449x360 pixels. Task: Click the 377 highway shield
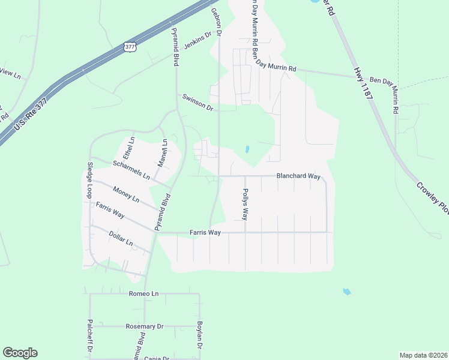(x=130, y=46)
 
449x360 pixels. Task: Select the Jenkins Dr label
(x=198, y=41)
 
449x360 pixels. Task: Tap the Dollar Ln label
(x=121, y=238)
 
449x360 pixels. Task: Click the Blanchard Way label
(x=298, y=176)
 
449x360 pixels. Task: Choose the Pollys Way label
(x=245, y=203)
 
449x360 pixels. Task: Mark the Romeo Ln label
(x=143, y=294)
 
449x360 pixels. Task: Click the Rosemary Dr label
(x=145, y=326)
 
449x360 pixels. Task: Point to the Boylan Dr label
(x=200, y=336)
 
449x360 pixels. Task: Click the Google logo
(x=20, y=353)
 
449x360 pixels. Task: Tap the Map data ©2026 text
(x=423, y=355)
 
